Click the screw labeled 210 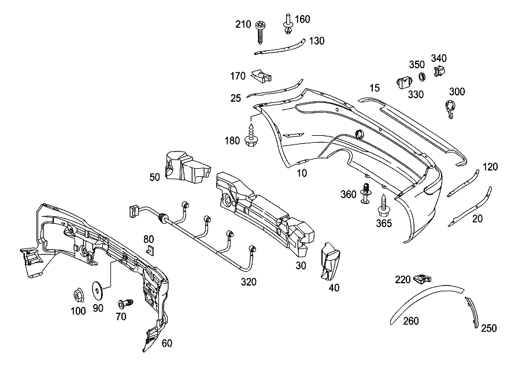260,32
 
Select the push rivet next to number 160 288,24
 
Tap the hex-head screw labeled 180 251,135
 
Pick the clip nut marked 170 261,76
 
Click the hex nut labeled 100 78,295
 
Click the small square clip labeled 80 150,250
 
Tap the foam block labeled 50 187,167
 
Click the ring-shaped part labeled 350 422,77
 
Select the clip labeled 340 439,71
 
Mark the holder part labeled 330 404,82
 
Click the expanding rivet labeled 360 366,193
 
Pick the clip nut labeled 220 422,279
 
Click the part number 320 249,282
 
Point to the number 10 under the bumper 302,173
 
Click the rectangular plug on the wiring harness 132,211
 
